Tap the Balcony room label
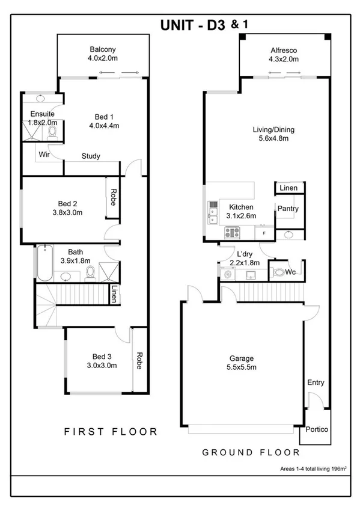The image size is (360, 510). (103, 49)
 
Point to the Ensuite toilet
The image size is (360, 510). (52, 131)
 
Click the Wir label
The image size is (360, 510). (44, 155)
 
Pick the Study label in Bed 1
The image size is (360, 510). (91, 156)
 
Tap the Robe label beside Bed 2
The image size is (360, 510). (112, 197)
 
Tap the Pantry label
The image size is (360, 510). (288, 208)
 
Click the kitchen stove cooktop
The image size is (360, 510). (233, 232)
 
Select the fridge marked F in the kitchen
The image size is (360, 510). (263, 231)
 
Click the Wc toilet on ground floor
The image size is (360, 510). (278, 272)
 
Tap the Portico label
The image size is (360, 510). (316, 429)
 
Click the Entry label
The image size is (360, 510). (316, 382)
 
